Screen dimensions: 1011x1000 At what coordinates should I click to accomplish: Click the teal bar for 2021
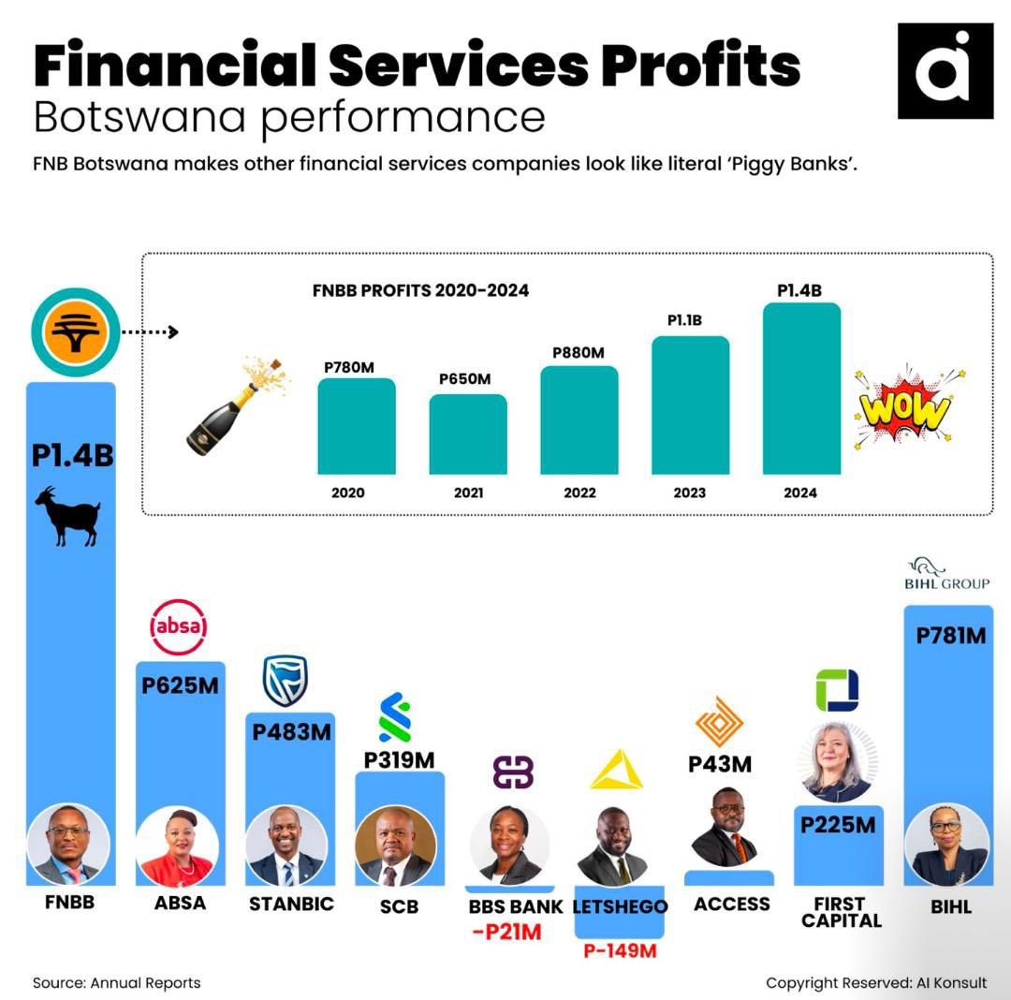tap(468, 434)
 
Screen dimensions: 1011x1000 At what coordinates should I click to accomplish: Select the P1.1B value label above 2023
tap(684, 320)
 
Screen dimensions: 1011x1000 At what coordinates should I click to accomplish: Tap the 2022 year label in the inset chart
tap(579, 493)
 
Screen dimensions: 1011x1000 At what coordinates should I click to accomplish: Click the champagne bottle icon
tap(236, 406)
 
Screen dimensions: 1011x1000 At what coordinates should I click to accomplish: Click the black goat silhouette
tap(68, 516)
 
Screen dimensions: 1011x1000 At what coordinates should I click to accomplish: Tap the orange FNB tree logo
tap(76, 332)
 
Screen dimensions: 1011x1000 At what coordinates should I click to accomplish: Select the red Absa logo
tap(179, 626)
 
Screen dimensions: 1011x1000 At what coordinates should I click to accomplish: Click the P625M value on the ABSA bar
tap(180, 684)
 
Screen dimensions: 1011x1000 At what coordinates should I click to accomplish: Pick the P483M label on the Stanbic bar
tap(291, 732)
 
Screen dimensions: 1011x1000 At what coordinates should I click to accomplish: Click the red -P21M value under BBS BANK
tap(506, 932)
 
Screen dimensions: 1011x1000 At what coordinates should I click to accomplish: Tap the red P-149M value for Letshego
tap(620, 950)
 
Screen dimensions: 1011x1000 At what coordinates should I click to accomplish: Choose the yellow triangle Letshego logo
tap(616, 770)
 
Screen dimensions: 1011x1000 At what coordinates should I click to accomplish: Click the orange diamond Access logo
tap(719, 722)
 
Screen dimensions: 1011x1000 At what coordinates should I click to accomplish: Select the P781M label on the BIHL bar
tap(951, 636)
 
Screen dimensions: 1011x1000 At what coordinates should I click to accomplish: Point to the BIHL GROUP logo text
tap(946, 583)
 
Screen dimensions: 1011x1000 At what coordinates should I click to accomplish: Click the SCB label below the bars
tap(399, 906)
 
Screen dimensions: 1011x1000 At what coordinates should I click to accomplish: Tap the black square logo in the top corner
tap(945, 71)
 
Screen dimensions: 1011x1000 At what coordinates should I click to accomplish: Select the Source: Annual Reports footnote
tap(117, 982)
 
